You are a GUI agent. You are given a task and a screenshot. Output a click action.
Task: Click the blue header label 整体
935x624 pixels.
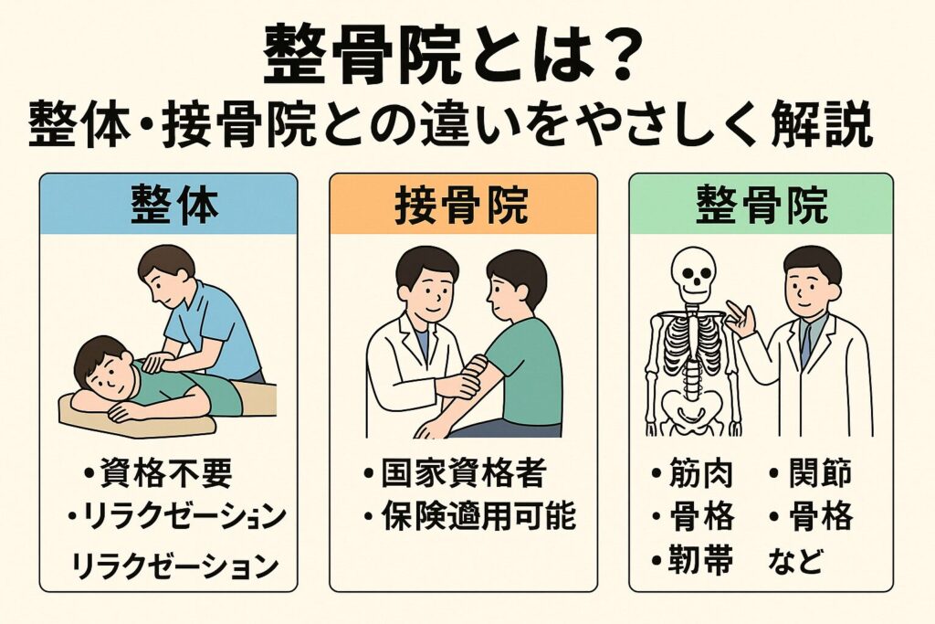point(169,205)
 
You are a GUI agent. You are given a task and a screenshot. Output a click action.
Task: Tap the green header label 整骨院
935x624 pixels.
point(762,205)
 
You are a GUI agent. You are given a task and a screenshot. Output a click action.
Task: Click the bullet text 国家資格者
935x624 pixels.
point(460,474)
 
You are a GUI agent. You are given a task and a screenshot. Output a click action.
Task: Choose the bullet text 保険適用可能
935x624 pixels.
point(469,517)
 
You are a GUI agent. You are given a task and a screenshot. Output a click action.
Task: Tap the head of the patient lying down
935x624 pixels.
point(98,363)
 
